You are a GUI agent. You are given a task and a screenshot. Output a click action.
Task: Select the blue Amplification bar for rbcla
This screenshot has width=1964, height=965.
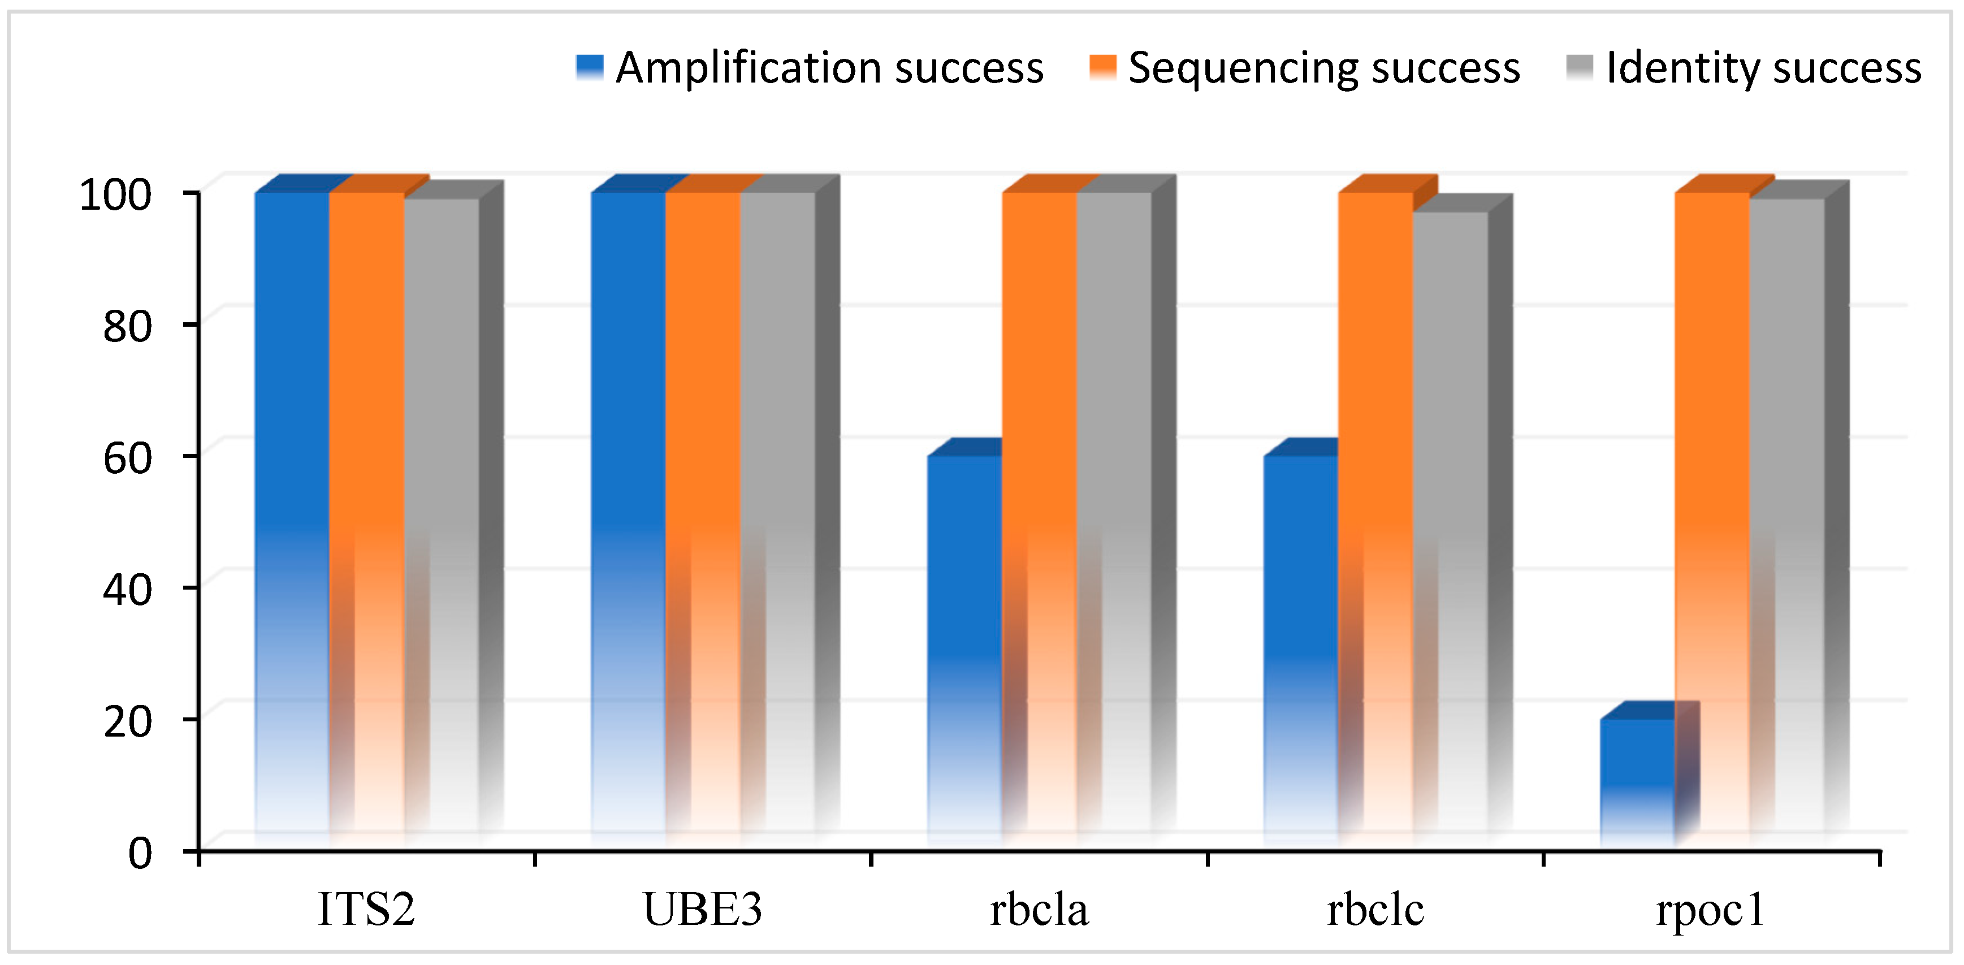964,648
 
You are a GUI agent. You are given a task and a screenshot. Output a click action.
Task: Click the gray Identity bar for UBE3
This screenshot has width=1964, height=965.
777,518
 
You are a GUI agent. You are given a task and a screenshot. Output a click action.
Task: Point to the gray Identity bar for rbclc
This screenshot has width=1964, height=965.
1450,526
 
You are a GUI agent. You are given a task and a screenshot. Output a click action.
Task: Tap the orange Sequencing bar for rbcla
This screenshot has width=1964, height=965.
1039,518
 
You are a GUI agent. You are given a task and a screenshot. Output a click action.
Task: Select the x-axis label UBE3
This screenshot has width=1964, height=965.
702,908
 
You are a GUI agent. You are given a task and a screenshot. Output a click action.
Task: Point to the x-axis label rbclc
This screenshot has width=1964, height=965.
1375,908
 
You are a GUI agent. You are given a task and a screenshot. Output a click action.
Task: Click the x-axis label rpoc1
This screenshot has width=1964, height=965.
1710,908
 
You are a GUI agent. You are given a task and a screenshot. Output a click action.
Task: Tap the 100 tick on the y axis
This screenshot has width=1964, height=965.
115,194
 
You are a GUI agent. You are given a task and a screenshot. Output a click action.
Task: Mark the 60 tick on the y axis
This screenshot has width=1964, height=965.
127,457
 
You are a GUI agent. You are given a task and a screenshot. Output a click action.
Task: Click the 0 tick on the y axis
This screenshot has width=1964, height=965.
140,851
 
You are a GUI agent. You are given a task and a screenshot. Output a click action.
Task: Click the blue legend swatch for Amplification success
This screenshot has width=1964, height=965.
589,67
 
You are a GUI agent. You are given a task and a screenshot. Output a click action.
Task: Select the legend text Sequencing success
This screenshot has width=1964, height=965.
1323,67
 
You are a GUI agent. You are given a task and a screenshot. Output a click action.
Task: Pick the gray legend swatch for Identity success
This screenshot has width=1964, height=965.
1580,67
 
